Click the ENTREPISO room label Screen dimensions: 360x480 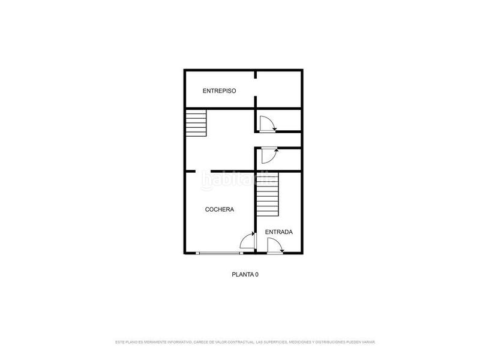[x=219, y=91]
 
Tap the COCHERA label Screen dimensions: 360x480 [x=220, y=209]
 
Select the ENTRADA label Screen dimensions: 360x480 [x=279, y=232]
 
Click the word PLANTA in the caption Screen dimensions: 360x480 [x=242, y=274]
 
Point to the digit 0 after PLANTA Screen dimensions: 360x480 [x=256, y=274]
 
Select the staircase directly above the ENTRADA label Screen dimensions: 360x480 [x=268, y=199]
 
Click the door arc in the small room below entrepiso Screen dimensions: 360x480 [x=267, y=124]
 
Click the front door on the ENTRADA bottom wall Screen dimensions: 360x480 [x=275, y=246]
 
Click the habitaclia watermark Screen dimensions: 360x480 [x=239, y=179]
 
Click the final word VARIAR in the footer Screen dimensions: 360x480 [x=368, y=342]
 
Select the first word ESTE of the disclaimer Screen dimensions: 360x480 [x=121, y=342]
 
